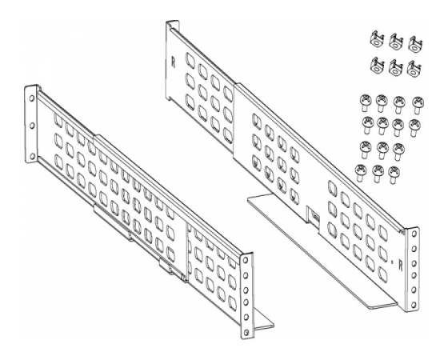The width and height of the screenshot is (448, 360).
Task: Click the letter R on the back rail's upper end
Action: (x=173, y=62)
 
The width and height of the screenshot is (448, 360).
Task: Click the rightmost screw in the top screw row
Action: (x=418, y=105)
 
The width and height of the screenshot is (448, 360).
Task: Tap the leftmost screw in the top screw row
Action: (x=366, y=102)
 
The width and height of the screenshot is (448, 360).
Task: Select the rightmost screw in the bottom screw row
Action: (x=394, y=174)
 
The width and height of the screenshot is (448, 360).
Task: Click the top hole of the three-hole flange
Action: (x=31, y=98)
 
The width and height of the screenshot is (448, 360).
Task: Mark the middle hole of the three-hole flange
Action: (x=32, y=125)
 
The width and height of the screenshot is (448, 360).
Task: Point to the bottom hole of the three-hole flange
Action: (x=33, y=156)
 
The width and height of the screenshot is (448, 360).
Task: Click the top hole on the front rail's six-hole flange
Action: (x=245, y=260)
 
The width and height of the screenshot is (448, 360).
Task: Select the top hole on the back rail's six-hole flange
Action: (x=413, y=234)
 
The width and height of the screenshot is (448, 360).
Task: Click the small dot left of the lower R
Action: (x=392, y=262)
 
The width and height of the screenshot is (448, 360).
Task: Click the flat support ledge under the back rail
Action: (x=320, y=251)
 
